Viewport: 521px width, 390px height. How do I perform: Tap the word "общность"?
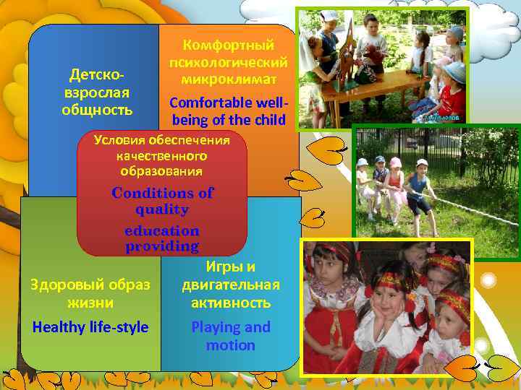click(97, 110)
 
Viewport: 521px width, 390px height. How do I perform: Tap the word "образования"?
click(161, 171)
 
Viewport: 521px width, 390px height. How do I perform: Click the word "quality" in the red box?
click(161, 209)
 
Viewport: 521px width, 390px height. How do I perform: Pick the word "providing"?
click(161, 246)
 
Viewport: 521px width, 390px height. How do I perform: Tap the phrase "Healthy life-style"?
click(90, 327)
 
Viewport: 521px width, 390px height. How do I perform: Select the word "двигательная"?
click(231, 285)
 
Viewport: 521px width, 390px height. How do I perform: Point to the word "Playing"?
click(215, 327)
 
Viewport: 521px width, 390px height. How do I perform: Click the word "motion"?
click(231, 345)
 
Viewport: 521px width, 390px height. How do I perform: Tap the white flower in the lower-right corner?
click(489, 280)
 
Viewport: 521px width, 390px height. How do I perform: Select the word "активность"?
click(231, 303)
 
